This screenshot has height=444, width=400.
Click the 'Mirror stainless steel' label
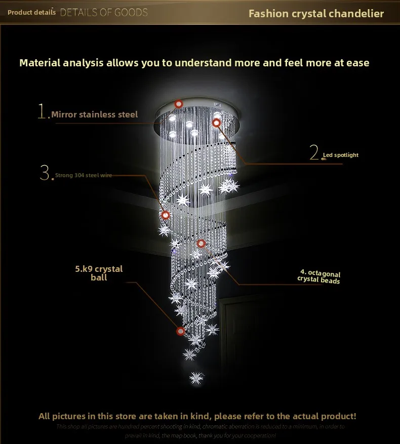click(94, 114)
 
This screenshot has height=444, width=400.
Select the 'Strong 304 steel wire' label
click(84, 175)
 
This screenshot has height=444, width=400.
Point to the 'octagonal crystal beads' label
click(319, 277)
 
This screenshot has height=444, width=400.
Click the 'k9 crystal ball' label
click(99, 273)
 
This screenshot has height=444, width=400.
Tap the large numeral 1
click(43, 111)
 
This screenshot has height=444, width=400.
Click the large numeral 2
click(314, 152)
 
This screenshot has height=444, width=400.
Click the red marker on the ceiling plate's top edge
click(178, 104)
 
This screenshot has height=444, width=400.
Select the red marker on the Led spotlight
click(217, 123)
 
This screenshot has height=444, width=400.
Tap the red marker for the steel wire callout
click(165, 215)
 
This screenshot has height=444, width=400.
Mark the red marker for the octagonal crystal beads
click(202, 244)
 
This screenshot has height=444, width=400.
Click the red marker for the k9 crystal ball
click(180, 331)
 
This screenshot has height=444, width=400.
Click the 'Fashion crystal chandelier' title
click(316, 13)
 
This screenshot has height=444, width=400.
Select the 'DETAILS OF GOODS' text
click(104, 13)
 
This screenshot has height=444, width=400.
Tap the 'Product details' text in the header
click(31, 12)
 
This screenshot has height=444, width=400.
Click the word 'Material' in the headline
click(40, 63)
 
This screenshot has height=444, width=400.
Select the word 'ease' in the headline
click(357, 63)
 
